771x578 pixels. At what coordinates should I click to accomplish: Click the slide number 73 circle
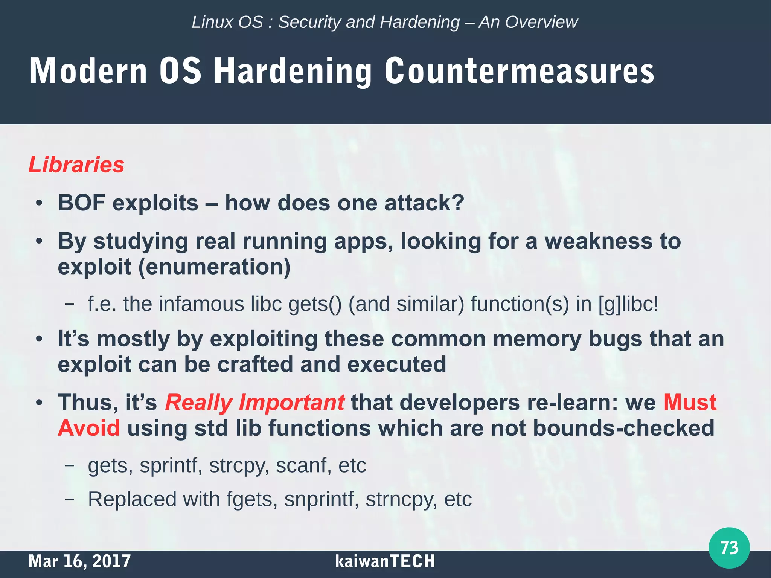point(729,547)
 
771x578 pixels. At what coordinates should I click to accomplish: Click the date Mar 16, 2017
point(79,561)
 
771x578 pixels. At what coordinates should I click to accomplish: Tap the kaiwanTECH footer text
point(385,561)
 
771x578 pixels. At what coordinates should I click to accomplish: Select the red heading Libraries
point(76,165)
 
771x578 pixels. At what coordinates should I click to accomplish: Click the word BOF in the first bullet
point(81,203)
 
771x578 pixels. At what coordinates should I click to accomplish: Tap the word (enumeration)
point(214,267)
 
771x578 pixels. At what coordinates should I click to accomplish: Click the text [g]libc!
point(628,304)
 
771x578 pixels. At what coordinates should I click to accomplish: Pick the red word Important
point(291,402)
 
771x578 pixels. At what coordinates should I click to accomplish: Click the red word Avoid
point(89,428)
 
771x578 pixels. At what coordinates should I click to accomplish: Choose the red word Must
point(690,402)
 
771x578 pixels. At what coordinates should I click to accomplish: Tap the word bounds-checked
point(623,428)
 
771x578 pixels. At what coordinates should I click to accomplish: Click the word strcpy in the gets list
point(239,466)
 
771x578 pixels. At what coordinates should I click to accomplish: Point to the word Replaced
point(132,499)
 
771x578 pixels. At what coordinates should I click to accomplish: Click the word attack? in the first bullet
point(424,203)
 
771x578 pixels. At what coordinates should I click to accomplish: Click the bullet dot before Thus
point(39,403)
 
